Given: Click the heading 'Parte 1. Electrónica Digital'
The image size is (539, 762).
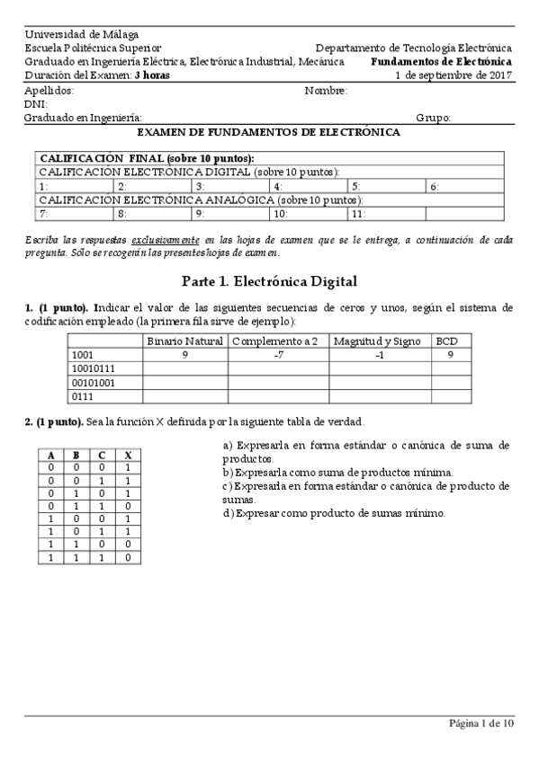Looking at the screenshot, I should [x=269, y=280].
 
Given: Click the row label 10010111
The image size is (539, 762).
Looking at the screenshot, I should [x=93, y=368].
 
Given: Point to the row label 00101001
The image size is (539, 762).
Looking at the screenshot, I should [x=93, y=382].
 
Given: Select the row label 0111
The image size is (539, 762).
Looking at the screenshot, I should [x=82, y=395].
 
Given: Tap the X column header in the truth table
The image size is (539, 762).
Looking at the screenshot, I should [x=129, y=455].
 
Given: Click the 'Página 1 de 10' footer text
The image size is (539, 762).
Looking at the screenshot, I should [x=481, y=723].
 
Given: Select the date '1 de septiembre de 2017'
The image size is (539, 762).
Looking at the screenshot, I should [x=454, y=75].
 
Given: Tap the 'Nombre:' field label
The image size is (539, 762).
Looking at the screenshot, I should [x=326, y=91].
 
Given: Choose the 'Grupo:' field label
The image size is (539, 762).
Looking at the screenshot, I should [x=434, y=118].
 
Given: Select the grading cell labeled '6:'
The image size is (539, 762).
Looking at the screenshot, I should [x=435, y=186].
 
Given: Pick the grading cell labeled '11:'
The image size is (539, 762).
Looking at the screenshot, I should [x=358, y=214].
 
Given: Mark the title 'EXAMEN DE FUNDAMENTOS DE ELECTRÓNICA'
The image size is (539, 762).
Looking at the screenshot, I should [x=269, y=132].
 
